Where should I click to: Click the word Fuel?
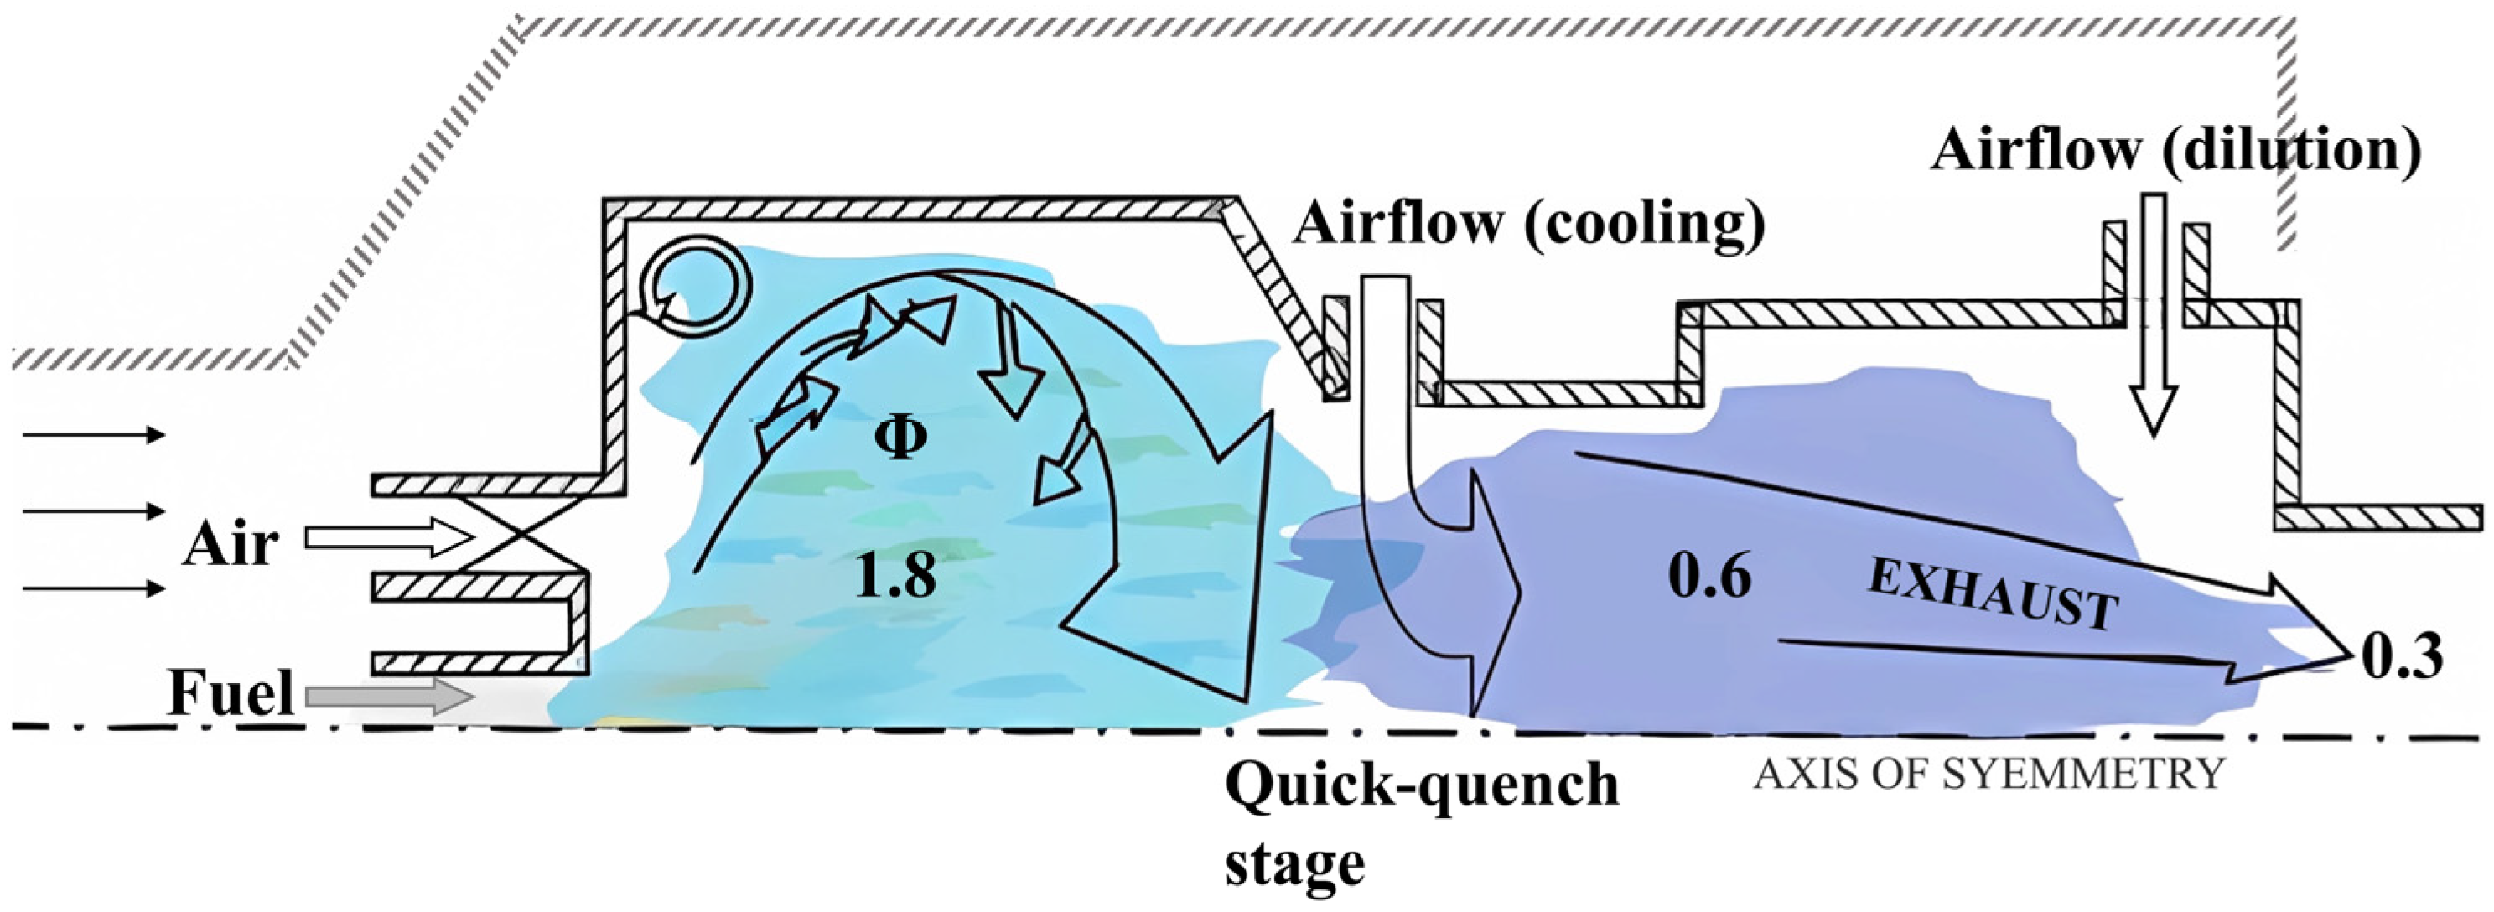(231, 694)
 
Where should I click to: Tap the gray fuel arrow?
(387, 696)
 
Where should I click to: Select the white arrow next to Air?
(387, 538)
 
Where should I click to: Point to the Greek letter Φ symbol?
(900, 438)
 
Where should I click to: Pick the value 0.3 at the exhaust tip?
(2402, 658)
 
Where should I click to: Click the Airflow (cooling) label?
(1529, 224)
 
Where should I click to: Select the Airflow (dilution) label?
(2175, 151)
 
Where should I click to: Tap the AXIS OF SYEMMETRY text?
(1988, 775)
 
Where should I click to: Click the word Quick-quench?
(1421, 785)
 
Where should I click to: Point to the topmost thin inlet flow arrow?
(94, 435)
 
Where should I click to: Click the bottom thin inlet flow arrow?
(94, 588)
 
